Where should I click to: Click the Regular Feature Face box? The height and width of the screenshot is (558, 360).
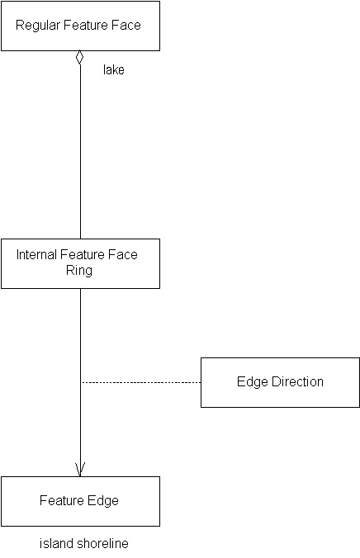(x=79, y=26)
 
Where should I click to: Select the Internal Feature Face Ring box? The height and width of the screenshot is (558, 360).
(x=79, y=263)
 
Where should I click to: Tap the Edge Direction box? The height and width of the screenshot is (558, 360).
(x=280, y=382)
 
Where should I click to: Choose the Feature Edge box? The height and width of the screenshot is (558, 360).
(x=79, y=501)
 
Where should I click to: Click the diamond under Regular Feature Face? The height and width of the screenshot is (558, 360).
(x=80, y=58)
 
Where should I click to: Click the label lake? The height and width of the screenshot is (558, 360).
(x=114, y=70)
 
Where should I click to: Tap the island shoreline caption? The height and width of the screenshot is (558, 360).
(x=84, y=544)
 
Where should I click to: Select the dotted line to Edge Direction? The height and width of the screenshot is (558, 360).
(x=140, y=382)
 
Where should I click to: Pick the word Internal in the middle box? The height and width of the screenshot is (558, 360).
(x=36, y=255)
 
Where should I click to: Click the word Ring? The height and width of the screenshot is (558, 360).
(x=79, y=270)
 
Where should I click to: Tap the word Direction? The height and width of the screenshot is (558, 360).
(x=294, y=382)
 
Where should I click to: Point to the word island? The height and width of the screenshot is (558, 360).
(x=54, y=544)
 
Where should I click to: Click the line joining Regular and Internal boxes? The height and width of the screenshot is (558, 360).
(x=80, y=149)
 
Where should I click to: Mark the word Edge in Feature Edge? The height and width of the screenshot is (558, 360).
(x=103, y=501)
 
